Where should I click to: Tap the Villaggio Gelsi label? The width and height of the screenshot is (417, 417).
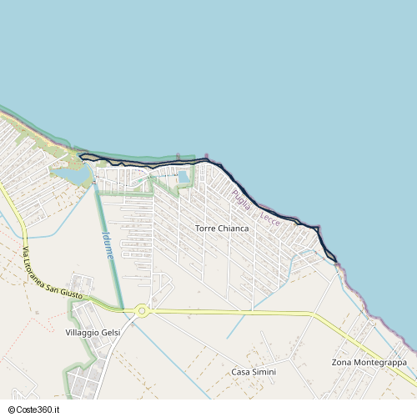[x=93, y=333]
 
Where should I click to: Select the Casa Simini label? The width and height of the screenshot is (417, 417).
[x=253, y=372]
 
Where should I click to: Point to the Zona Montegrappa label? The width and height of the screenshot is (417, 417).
[x=369, y=363]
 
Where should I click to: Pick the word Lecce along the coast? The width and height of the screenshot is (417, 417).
[x=269, y=219]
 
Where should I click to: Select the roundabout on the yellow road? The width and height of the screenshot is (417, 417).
[x=142, y=311]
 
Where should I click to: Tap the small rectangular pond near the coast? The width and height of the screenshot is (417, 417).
[x=183, y=177]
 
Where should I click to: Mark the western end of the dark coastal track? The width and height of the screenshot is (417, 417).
[x=80, y=155]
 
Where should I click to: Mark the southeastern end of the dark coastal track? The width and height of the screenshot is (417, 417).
[x=336, y=261]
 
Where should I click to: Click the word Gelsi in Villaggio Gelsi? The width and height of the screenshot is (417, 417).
[x=110, y=333]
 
